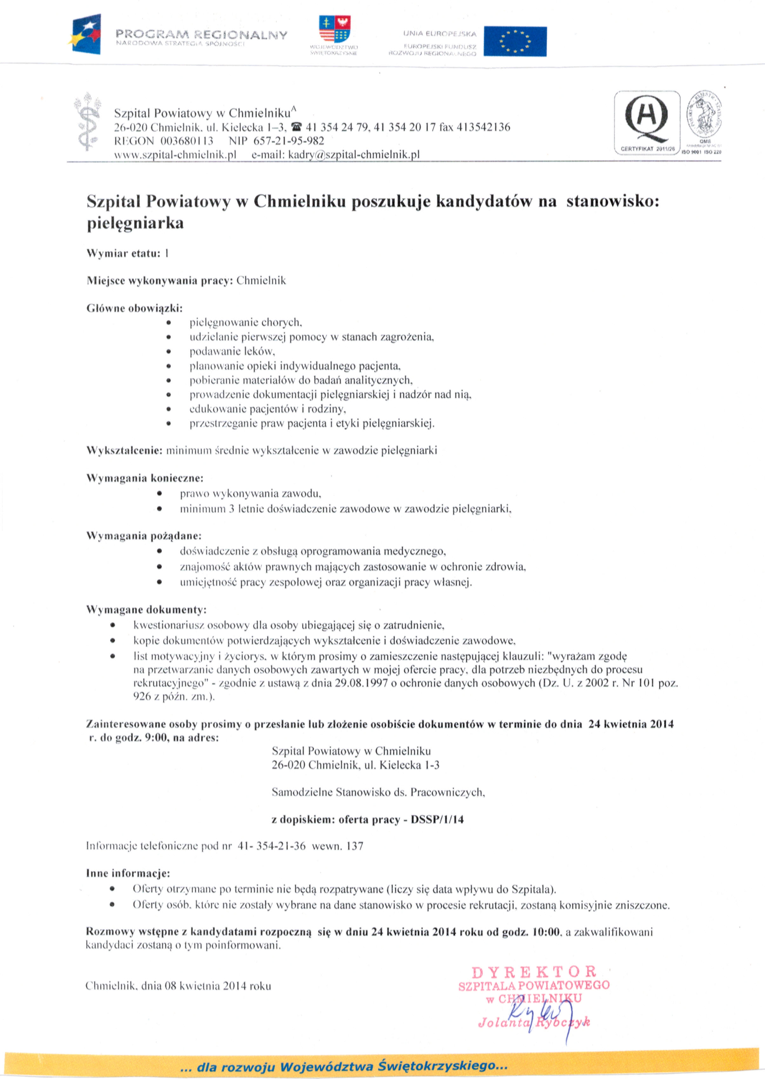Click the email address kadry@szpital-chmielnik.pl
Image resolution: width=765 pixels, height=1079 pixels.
click(354, 155)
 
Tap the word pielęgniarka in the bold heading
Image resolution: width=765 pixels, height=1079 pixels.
click(135, 223)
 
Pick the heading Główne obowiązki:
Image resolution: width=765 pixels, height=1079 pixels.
click(134, 309)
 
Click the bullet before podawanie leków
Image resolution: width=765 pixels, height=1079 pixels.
click(168, 352)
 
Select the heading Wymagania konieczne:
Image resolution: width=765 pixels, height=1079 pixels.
click(144, 478)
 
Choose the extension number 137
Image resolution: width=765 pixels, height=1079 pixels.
click(355, 846)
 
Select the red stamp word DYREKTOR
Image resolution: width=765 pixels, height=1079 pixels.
click(534, 972)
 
